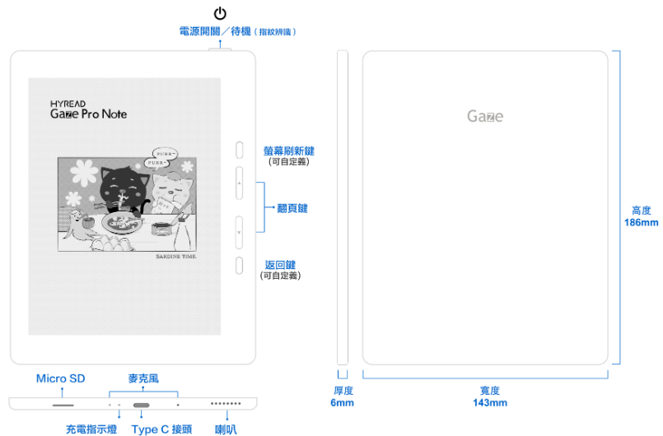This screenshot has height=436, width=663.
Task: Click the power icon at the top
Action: point(220,13)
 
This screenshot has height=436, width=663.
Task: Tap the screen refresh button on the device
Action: point(240,150)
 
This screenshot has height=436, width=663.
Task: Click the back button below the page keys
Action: point(240,266)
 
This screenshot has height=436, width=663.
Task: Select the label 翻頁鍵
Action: point(292,208)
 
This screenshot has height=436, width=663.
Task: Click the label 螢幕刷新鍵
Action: point(289,151)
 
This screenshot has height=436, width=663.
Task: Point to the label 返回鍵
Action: point(280,265)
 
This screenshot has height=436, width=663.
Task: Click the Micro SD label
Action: point(60,378)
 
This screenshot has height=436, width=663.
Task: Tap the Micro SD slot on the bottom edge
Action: point(63,406)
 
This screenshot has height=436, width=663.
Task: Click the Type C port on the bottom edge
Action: point(141,406)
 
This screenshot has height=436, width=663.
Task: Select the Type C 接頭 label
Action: point(161,429)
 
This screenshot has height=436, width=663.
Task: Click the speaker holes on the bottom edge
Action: point(226,403)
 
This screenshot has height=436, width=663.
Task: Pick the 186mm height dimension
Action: point(642,222)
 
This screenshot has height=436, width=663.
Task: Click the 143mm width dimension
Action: point(490,402)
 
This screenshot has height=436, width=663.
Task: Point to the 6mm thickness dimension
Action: point(342,402)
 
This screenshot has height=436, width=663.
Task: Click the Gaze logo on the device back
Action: point(485,116)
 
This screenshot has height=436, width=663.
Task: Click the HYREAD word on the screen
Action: point(68,104)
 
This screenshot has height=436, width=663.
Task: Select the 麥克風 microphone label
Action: point(143,378)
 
